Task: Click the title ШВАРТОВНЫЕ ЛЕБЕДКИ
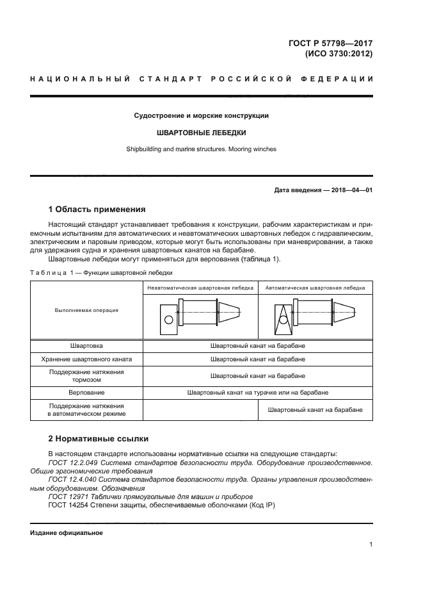[201, 133]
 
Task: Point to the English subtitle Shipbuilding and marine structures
[201, 149]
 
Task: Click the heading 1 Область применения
[97, 209]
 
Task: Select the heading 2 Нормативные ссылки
[99, 439]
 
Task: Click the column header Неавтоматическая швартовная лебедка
[200, 288]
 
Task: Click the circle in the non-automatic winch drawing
[168, 320]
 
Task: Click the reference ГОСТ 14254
[70, 505]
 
